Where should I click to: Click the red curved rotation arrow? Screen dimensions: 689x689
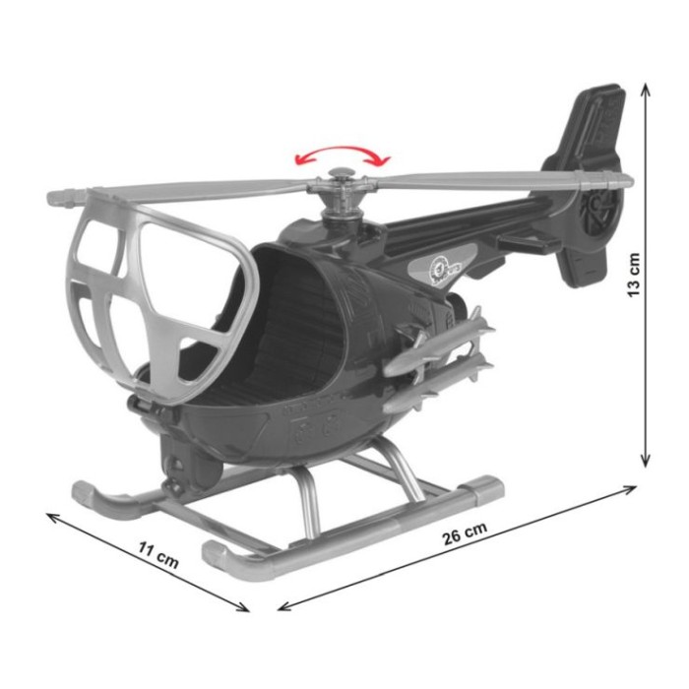(342, 150)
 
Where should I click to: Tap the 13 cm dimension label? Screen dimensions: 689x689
(634, 275)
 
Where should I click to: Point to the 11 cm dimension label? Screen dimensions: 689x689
(158, 555)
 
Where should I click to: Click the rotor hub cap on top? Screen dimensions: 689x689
(341, 173)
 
